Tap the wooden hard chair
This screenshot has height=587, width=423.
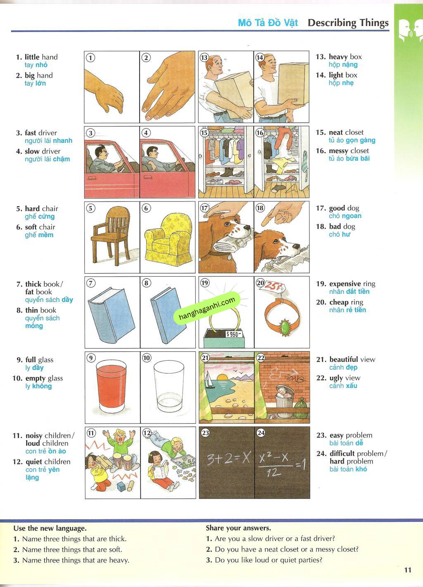[110, 235]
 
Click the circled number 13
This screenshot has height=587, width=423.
[204, 57]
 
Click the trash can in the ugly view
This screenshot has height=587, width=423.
[283, 398]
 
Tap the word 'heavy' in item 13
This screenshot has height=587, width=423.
[338, 57]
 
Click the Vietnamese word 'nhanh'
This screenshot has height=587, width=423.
[62, 141]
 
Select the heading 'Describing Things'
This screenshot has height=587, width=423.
[348, 23]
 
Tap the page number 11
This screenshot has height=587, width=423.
[408, 570]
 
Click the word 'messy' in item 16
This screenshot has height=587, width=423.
[338, 151]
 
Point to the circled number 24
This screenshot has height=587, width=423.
[261, 433]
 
